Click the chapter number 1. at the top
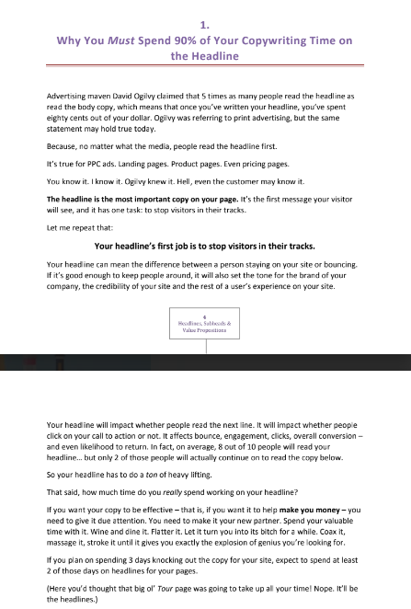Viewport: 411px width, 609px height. pyautogui.click(x=205, y=25)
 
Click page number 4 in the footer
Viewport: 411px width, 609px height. pyautogui.click(x=206, y=317)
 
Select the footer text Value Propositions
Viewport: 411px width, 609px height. pyautogui.click(x=206, y=331)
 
